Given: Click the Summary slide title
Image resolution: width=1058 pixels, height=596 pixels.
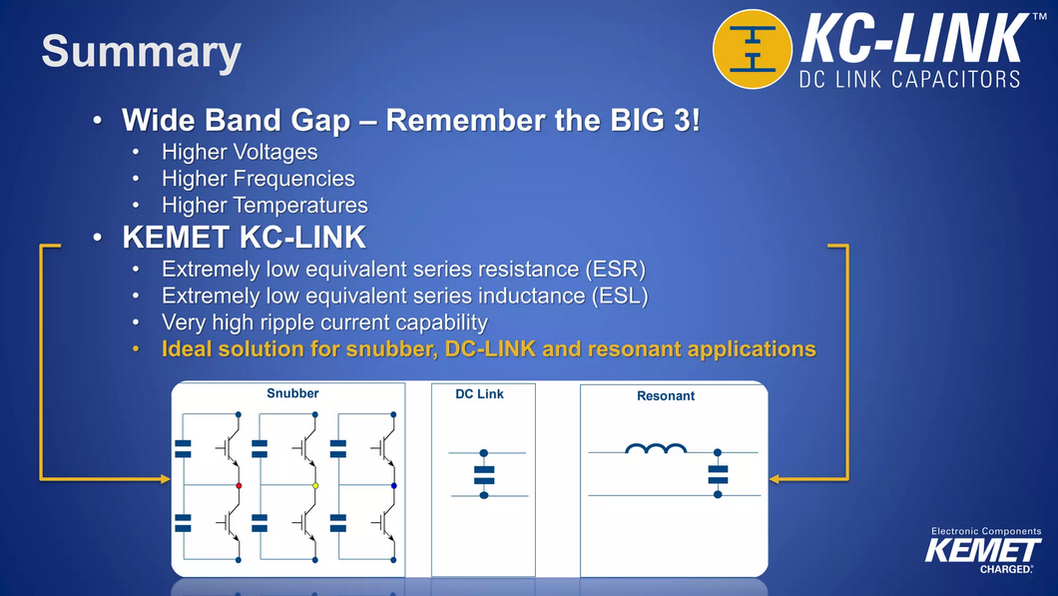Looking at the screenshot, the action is [x=142, y=52].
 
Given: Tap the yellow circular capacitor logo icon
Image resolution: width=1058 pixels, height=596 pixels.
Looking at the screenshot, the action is [x=753, y=49].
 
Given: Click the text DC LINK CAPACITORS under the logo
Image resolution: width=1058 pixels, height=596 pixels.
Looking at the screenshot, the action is [x=909, y=79].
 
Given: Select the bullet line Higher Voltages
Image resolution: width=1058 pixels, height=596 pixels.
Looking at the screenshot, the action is [x=240, y=152].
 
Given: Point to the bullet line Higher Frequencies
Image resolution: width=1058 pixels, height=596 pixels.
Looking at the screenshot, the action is [x=259, y=178].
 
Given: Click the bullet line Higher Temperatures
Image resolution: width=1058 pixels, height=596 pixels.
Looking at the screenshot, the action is [x=265, y=205].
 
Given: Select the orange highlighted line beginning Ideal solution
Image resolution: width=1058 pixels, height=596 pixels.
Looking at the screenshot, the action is [x=488, y=349].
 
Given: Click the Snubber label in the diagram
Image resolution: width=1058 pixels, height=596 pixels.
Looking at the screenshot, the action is [x=292, y=393].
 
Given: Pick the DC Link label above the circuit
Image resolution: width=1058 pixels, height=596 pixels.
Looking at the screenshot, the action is [x=480, y=394].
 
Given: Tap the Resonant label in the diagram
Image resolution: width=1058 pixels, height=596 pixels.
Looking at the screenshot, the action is [x=666, y=396].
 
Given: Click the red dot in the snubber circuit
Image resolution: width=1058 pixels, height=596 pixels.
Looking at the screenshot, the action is [x=239, y=485].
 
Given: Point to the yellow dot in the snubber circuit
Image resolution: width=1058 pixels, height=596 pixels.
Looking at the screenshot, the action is [x=315, y=485].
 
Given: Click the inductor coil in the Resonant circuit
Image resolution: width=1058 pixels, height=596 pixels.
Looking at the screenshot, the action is [x=656, y=448].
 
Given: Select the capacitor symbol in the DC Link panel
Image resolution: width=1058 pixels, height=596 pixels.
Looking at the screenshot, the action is [x=484, y=475].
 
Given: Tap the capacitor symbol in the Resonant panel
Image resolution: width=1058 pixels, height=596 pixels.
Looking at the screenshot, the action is [x=718, y=474].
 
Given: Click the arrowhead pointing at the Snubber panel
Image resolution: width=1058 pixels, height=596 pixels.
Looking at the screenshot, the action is [x=166, y=479].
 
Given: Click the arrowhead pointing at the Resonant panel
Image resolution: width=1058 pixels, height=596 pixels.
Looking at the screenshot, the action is [x=775, y=479].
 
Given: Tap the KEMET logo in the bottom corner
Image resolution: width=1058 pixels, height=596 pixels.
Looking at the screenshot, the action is [x=983, y=550].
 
